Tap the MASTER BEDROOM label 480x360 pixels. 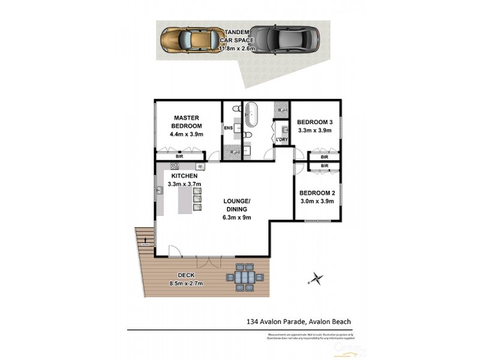coord(187,122)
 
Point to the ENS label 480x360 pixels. coord(228,128)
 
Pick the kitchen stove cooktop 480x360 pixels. coord(175,166)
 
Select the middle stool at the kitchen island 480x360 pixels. coord(197,199)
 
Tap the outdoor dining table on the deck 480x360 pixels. coord(243,278)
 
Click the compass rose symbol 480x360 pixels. coord(316,278)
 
